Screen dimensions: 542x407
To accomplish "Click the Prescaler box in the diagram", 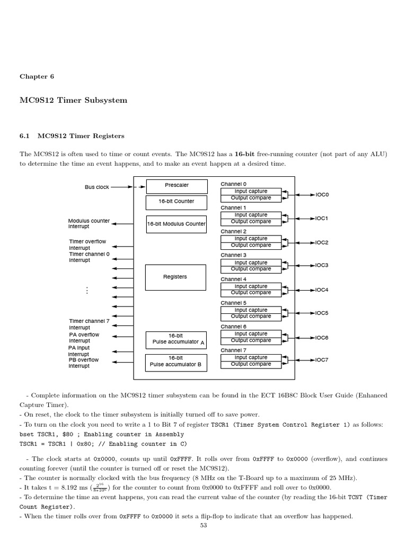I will pyautogui.click(x=176, y=186).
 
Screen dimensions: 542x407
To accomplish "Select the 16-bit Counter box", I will pyautogui.click(x=176, y=202).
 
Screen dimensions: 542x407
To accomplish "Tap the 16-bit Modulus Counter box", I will pyautogui.click(x=176, y=224).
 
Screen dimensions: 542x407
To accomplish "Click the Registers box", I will pyautogui.click(x=175, y=277).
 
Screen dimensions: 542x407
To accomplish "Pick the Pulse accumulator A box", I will pyautogui.click(x=176, y=339).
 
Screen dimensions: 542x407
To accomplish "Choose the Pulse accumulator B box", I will pyautogui.click(x=176, y=362).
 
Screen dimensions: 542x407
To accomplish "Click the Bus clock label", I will pyautogui.click(x=96, y=187).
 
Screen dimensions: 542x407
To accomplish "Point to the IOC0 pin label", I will pyautogui.click(x=322, y=195).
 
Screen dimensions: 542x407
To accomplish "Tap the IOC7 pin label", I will pyautogui.click(x=322, y=360).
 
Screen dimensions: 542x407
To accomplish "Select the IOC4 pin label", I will pyautogui.click(x=322, y=290).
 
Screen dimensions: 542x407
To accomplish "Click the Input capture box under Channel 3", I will pyautogui.click(x=251, y=263).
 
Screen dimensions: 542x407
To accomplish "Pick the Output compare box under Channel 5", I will pyautogui.click(x=251, y=317).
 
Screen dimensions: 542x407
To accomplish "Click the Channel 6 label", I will pyautogui.click(x=233, y=327).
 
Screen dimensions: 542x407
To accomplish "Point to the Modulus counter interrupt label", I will pyautogui.click(x=89, y=224).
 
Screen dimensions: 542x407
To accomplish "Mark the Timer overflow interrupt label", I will pyautogui.click(x=87, y=245).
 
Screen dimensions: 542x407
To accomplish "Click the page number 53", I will pyautogui.click(x=203, y=525).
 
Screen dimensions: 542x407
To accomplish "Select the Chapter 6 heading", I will pyautogui.click(x=37, y=76).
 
